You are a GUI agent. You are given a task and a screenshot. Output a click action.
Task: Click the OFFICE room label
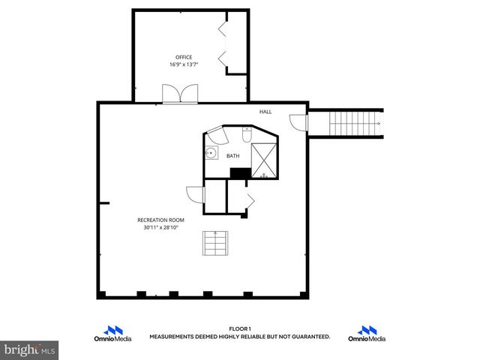[184, 57]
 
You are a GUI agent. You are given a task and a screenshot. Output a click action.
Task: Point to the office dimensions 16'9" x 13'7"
[184, 64]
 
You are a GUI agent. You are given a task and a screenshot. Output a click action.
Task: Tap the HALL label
[265, 112]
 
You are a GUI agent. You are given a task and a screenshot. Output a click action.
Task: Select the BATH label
[233, 156]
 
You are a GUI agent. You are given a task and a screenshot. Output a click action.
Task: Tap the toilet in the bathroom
[247, 136]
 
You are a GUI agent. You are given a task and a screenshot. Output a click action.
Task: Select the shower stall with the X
[264, 159]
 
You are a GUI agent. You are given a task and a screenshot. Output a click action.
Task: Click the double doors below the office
[180, 94]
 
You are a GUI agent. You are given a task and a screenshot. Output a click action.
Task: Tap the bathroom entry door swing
[217, 136]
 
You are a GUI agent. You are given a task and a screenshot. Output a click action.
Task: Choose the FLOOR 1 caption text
[239, 329]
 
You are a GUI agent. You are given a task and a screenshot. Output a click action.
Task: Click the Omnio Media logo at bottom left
[114, 334]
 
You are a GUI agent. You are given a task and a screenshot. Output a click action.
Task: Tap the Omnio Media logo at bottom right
[367, 334]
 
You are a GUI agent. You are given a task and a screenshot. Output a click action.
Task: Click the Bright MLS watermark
[30, 349]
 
